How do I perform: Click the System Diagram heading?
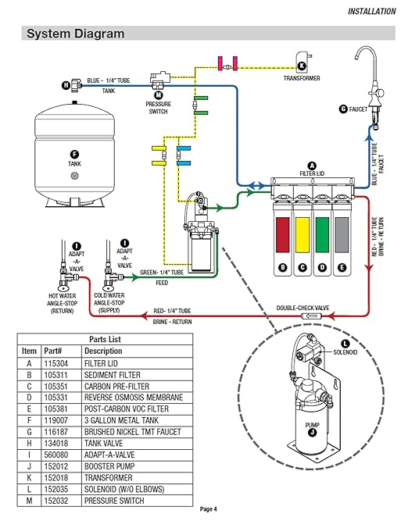coord(75,34)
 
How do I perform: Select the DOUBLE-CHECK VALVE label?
coord(302,307)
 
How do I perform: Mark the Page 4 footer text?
coord(208,508)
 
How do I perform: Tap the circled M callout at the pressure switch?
coord(159,94)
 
